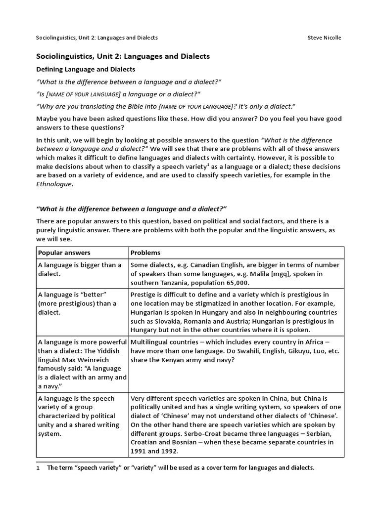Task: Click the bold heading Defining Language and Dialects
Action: click(86, 69)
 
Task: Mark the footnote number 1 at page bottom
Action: click(38, 467)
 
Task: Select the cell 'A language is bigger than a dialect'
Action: click(79, 269)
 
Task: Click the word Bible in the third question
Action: click(139, 106)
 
